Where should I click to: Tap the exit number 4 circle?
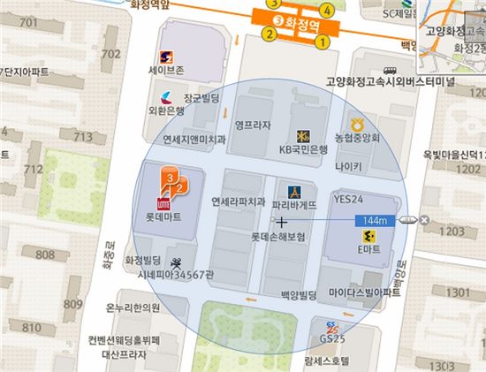pos(327,11)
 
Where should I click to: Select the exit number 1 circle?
pos(323,40)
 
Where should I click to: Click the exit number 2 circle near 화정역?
pos(267,35)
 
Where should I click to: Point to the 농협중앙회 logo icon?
pos(357,123)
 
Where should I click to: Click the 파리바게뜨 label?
pos(297,204)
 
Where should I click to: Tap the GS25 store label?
pos(331,338)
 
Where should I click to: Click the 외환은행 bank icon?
pos(167,96)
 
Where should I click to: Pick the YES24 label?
pos(349,201)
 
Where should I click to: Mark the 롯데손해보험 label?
pos(277,238)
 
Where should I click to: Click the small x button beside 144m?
pos(424,220)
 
